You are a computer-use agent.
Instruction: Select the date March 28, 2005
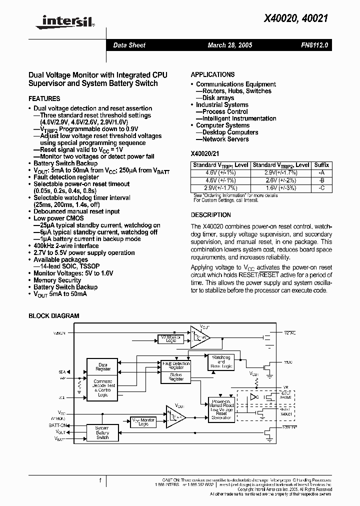pyautogui.click(x=230, y=45)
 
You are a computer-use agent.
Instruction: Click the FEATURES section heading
pyautogui.click(x=44, y=99)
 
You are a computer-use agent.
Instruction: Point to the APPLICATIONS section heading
pyautogui.click(x=212, y=74)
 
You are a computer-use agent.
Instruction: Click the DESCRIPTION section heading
pyautogui.click(x=211, y=215)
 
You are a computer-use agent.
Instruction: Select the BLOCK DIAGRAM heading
pyautogui.click(x=53, y=316)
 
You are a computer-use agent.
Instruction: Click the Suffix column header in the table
pyautogui.click(x=321, y=165)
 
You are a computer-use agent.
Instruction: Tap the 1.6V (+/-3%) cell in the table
pyautogui.click(x=280, y=187)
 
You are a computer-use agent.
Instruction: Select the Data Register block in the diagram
pyautogui.click(x=103, y=366)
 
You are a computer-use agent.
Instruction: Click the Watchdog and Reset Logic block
pyautogui.click(x=221, y=361)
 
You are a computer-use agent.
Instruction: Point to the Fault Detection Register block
pyautogui.click(x=175, y=365)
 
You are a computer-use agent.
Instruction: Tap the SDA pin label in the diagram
pyautogui.click(x=62, y=371)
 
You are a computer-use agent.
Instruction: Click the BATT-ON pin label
pyautogui.click(x=58, y=424)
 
